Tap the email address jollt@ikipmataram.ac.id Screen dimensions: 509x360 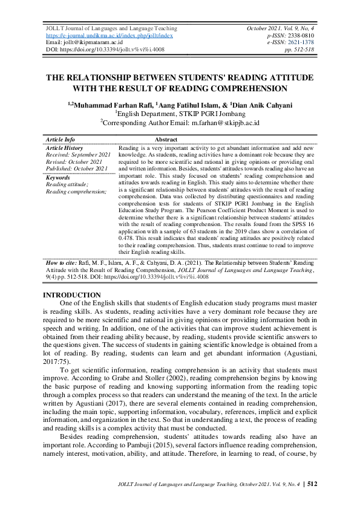click(91, 42)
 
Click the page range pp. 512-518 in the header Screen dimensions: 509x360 click(300, 50)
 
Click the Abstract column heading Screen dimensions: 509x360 click(166, 140)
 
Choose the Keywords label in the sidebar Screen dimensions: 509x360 click(58, 178)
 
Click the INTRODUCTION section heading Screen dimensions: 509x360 click(71, 295)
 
